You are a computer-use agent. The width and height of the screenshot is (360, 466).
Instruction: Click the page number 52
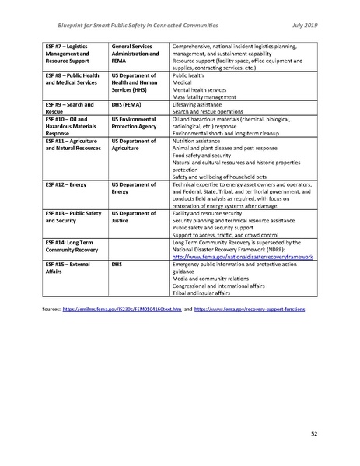tap(314, 433)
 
